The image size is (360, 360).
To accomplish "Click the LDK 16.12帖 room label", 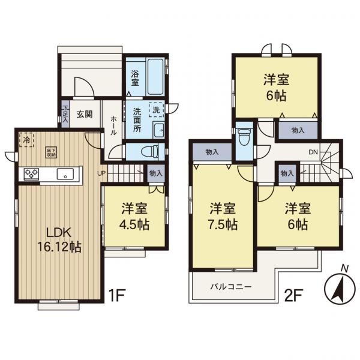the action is pyautogui.click(x=59, y=240).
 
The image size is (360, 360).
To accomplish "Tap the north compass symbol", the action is pyautogui.click(x=340, y=287).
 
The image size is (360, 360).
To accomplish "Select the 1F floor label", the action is pyautogui.click(x=116, y=295).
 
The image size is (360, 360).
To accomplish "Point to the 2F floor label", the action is pyautogui.click(x=293, y=295).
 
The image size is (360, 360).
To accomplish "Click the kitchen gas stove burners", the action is pyautogui.click(x=31, y=174).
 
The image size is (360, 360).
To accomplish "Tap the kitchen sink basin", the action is pyautogui.click(x=65, y=174).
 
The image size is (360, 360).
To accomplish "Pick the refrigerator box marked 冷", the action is pyautogui.click(x=26, y=140).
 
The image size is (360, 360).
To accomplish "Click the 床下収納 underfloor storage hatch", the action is pyautogui.click(x=51, y=152).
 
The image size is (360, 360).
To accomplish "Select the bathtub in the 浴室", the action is pyautogui.click(x=155, y=77).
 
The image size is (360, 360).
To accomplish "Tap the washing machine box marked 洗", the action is pyautogui.click(x=156, y=110).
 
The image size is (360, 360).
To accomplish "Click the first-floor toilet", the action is pyautogui.click(x=149, y=152).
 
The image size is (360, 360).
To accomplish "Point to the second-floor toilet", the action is pyautogui.click(x=244, y=137).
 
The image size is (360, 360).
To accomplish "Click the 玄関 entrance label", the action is pyautogui.click(x=85, y=114).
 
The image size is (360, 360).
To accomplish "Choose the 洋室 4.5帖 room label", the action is pyautogui.click(x=134, y=217).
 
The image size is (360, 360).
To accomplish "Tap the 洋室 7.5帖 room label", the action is pyautogui.click(x=223, y=217).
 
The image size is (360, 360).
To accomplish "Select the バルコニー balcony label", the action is pyautogui.click(x=231, y=287).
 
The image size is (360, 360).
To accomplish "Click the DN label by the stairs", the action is pyautogui.click(x=313, y=152).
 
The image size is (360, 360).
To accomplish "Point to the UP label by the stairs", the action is pyautogui.click(x=101, y=173).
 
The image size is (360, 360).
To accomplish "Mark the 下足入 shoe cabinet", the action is pyautogui.click(x=65, y=114).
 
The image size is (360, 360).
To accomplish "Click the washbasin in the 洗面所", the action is pyautogui.click(x=158, y=130).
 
